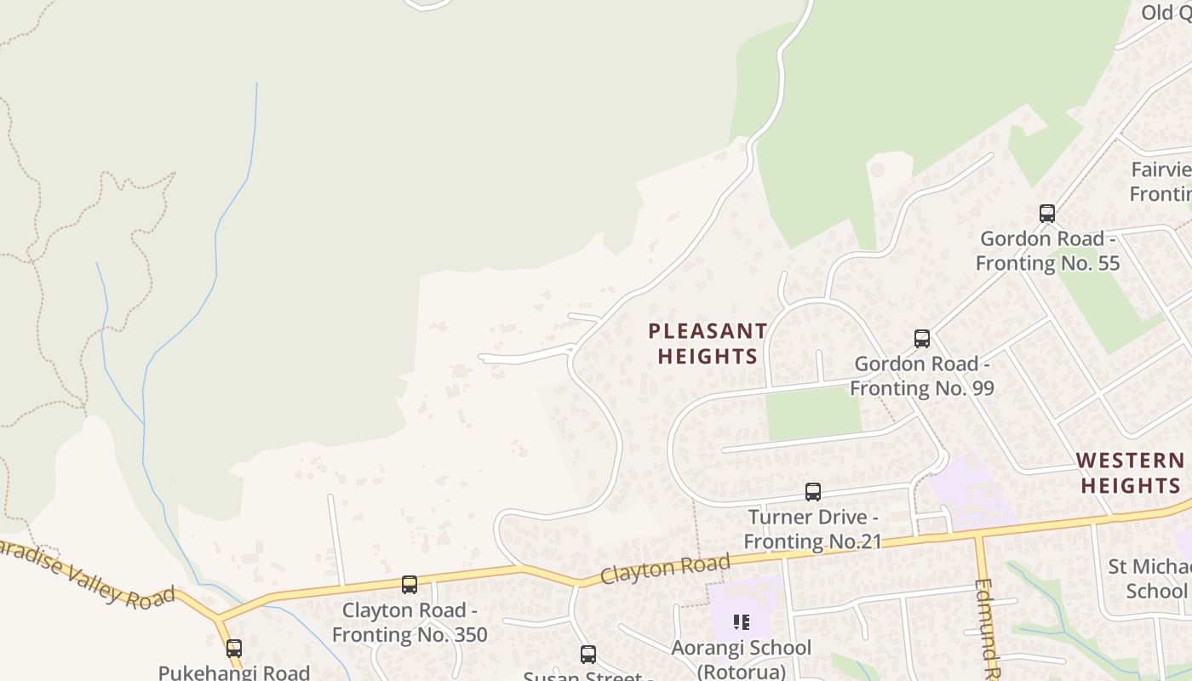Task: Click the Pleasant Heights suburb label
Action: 708,343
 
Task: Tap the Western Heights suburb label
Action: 1130,472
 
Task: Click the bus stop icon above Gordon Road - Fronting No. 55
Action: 1047,214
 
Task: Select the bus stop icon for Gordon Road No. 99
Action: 921,339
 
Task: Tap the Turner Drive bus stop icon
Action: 813,492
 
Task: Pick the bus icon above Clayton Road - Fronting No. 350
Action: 410,585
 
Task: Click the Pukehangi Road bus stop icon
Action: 234,649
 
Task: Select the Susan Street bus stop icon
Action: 587,655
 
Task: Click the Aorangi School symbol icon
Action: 741,622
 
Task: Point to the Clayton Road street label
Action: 665,568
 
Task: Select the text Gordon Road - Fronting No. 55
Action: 1047,250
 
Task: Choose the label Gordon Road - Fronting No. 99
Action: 922,375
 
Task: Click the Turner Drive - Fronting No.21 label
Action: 812,529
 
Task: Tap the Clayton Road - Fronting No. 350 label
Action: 410,622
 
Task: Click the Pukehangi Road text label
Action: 234,672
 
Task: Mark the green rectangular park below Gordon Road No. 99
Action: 813,414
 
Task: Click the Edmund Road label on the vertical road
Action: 988,630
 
